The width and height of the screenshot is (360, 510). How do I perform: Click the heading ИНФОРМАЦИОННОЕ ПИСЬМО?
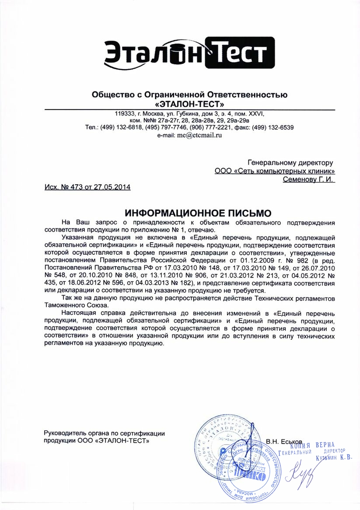(x=198, y=213)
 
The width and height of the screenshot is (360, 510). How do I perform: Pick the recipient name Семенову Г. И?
(x=309, y=179)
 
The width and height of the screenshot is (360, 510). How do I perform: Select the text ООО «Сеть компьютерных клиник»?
(x=275, y=171)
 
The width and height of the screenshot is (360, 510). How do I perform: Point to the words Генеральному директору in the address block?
(x=290, y=162)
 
